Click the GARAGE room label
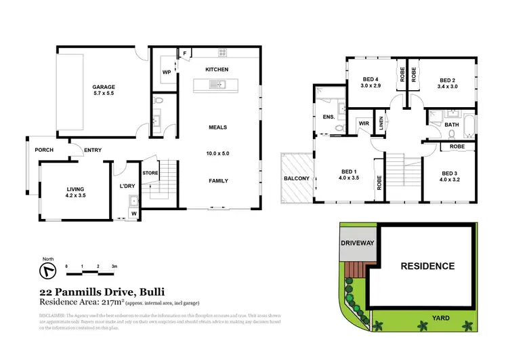(x=104, y=87)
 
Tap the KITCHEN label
(x=217, y=70)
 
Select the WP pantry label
(x=166, y=72)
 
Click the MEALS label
(x=217, y=127)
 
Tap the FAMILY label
(x=217, y=180)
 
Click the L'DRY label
(x=128, y=186)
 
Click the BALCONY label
(x=296, y=178)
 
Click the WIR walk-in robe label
(x=363, y=123)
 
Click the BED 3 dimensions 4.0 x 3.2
(x=449, y=180)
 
